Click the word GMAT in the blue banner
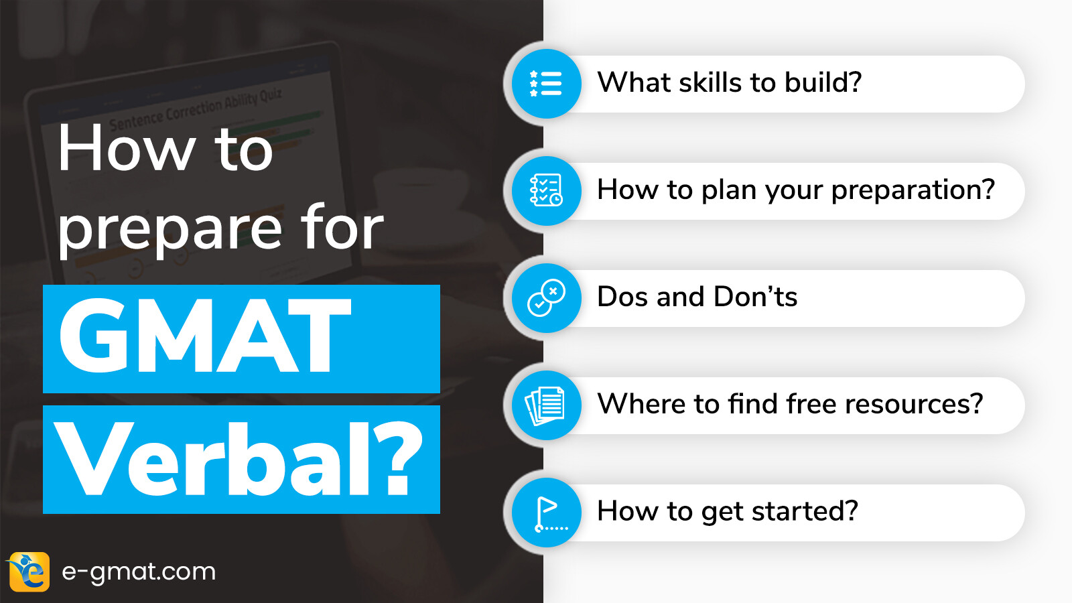point(205,336)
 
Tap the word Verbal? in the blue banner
point(238,460)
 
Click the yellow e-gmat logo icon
point(29,572)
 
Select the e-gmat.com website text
point(139,572)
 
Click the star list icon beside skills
point(545,84)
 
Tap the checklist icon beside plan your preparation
point(546,190)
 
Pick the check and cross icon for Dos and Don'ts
point(546,297)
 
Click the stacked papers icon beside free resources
point(545,405)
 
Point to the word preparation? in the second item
point(913,191)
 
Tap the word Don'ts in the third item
point(756,296)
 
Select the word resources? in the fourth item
point(914,403)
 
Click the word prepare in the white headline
point(170,229)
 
